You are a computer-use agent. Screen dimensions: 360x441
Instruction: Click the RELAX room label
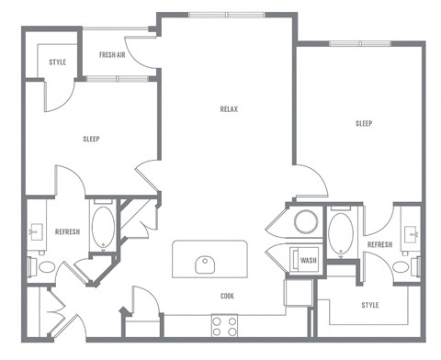point(229,109)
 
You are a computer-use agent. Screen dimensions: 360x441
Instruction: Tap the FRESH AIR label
point(113,55)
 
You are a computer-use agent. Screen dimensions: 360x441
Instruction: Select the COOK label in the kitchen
point(226,296)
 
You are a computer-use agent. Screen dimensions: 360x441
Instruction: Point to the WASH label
point(309,260)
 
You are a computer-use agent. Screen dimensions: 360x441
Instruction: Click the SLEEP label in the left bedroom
point(91,139)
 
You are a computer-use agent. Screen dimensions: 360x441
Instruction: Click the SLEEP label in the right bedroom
point(364,123)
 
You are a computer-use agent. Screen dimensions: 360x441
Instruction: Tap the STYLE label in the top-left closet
point(57,62)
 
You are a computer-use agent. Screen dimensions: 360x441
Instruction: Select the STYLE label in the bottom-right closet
point(370,305)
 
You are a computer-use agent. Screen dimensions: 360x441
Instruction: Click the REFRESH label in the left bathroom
point(67,231)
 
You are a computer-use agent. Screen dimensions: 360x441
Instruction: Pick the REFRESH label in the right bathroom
point(379,245)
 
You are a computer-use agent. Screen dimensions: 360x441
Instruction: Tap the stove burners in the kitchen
point(225,325)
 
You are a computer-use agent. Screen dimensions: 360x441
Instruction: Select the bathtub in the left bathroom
point(103,228)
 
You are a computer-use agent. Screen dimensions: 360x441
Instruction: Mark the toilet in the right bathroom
point(401,267)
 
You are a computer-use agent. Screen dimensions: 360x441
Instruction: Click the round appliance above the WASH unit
point(304,223)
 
